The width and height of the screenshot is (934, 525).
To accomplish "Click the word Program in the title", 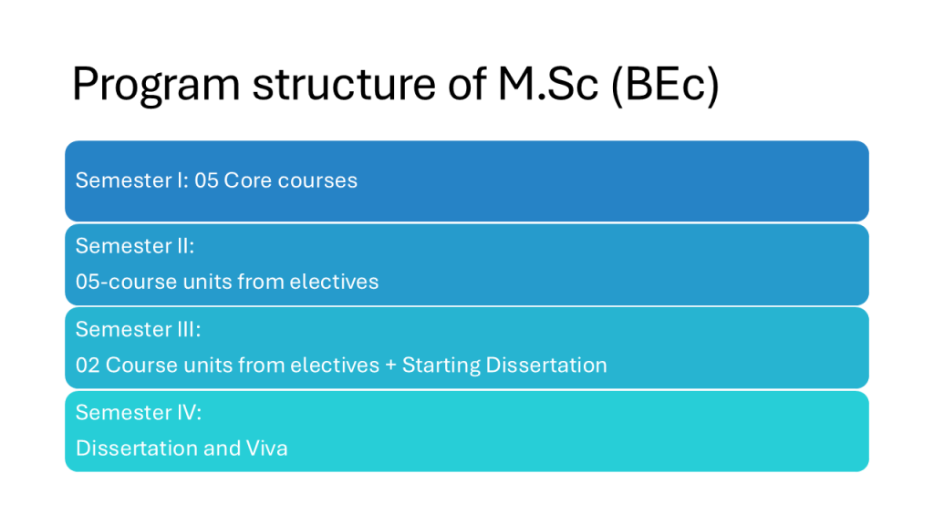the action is (x=156, y=85).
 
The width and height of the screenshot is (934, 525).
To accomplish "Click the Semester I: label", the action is (x=132, y=180).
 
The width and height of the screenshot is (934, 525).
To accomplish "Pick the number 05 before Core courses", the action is (x=207, y=180).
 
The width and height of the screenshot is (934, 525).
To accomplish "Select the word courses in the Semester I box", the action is (x=317, y=181).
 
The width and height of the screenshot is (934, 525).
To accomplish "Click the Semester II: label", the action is (x=135, y=245).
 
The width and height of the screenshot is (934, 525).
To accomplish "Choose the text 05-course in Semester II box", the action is (x=126, y=282).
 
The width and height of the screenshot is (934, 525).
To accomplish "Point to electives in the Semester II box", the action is (x=334, y=281).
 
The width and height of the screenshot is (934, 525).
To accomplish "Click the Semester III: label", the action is (x=139, y=328).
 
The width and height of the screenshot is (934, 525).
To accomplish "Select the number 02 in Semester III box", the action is (x=88, y=365).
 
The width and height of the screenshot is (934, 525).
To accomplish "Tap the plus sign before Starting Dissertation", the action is (x=390, y=365).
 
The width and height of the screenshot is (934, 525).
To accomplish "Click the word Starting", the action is (x=441, y=365).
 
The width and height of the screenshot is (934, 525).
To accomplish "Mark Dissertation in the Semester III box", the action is (x=546, y=365).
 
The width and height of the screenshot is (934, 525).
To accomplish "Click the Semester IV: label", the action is (x=139, y=412).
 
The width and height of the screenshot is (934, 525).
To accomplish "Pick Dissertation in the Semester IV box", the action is (x=137, y=448).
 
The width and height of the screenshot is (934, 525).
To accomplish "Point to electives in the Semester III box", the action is (x=334, y=365).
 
